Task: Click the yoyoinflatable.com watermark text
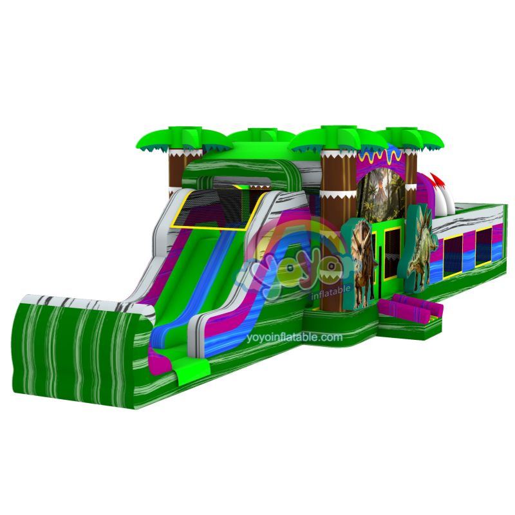(x=294, y=337)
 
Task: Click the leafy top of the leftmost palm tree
(x=184, y=140)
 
